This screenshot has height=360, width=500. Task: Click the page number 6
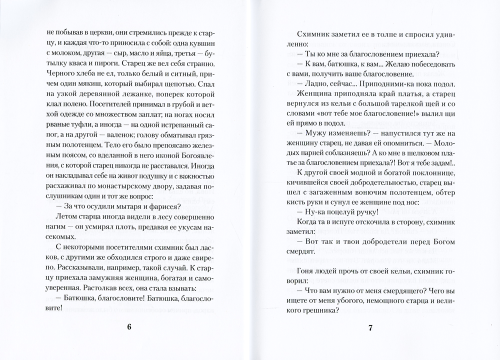tap(129, 328)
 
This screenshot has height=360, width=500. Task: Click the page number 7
tap(370, 328)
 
